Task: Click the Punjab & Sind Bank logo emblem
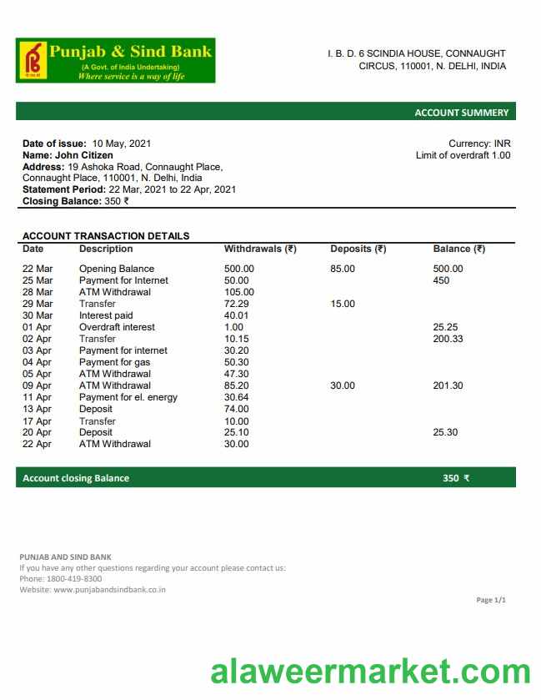tap(33, 61)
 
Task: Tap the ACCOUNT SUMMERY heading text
tap(461, 113)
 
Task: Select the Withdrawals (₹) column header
tap(260, 249)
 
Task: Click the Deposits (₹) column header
tap(358, 249)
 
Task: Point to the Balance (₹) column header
tap(458, 249)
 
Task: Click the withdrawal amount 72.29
tap(237, 304)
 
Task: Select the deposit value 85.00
tap(343, 269)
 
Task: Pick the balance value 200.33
tap(448, 339)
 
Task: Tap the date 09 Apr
tap(37, 385)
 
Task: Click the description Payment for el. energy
tap(128, 397)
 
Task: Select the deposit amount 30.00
tap(343, 385)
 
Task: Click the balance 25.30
tap(445, 432)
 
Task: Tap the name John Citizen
tap(84, 155)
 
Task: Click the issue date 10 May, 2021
tap(122, 144)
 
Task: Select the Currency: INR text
tap(479, 144)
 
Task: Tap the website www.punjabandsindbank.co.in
tap(109, 589)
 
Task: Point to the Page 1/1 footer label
tap(491, 600)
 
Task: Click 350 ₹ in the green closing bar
tap(456, 478)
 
